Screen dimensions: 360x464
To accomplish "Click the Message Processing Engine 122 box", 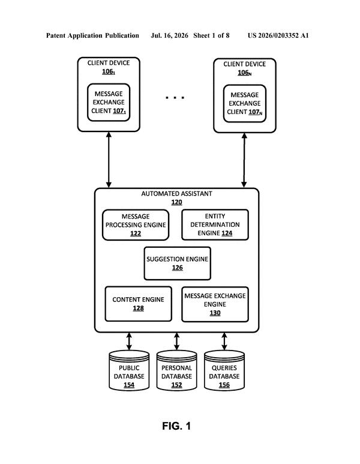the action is (x=136, y=225).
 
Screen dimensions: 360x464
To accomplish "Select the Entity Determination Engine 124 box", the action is (x=215, y=224).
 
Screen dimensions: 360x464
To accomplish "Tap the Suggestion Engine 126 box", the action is (x=178, y=264).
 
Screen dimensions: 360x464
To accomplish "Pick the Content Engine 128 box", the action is (x=139, y=304).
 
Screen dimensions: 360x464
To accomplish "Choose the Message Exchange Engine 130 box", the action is (x=215, y=304).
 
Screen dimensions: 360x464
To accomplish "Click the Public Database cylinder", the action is (x=129, y=370).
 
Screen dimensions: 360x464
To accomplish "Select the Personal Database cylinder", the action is (x=176, y=370).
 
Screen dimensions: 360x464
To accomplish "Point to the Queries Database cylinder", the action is (x=224, y=370).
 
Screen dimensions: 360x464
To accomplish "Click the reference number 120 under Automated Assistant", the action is (x=176, y=202).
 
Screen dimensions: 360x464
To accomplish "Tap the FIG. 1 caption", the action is (x=176, y=426).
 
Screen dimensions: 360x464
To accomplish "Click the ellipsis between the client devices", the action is (x=175, y=97).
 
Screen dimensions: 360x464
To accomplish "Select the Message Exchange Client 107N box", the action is (x=245, y=104).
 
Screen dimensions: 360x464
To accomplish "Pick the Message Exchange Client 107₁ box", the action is (x=109, y=103).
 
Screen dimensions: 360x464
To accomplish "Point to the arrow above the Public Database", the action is (x=129, y=342).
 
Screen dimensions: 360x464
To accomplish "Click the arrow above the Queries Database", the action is (x=224, y=342).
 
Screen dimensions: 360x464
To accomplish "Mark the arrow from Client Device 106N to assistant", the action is (x=244, y=160).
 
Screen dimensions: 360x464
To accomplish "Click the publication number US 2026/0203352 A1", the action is (x=278, y=35).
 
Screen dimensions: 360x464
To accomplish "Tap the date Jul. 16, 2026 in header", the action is (x=169, y=35).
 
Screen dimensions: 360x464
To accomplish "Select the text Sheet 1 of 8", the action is (x=211, y=35).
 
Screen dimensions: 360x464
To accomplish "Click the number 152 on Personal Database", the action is (x=176, y=385).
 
